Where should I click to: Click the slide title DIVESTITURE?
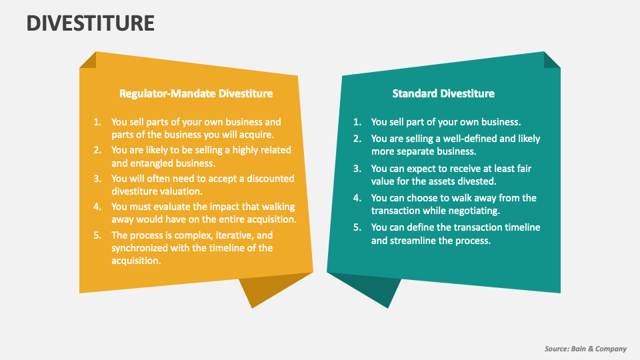(91, 23)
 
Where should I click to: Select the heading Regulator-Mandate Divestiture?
(195, 93)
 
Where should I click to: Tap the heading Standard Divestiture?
(443, 93)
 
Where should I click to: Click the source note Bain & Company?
(585, 349)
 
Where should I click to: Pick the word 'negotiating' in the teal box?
(475, 211)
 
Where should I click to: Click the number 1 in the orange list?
(97, 122)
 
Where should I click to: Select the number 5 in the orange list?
(97, 235)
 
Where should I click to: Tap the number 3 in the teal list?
(357, 169)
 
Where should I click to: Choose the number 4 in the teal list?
(357, 198)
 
